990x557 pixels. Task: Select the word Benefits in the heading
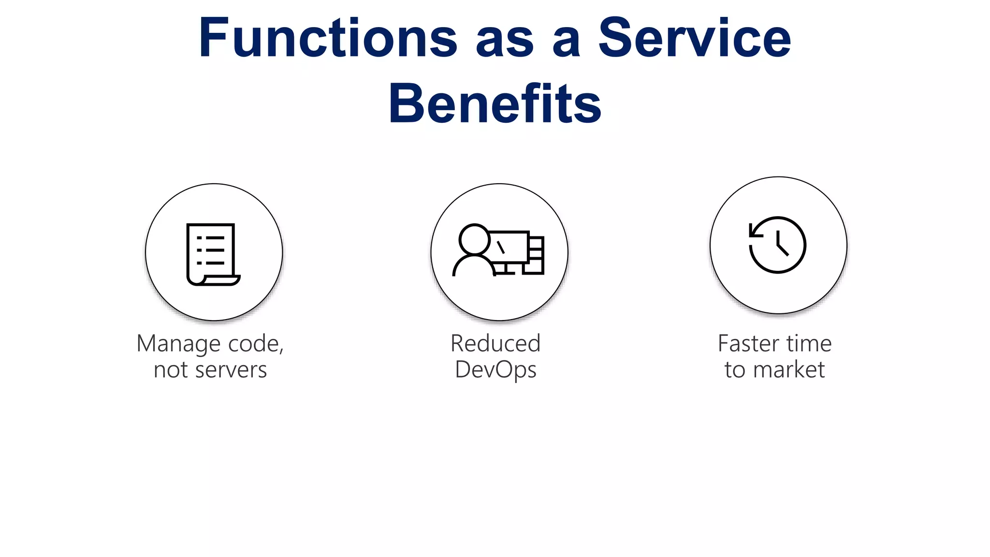495,103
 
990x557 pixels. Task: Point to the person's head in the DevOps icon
474,239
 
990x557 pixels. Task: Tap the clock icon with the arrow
777,245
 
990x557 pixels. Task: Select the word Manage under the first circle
179,344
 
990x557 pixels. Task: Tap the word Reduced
495,344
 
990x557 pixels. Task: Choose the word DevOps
495,370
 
